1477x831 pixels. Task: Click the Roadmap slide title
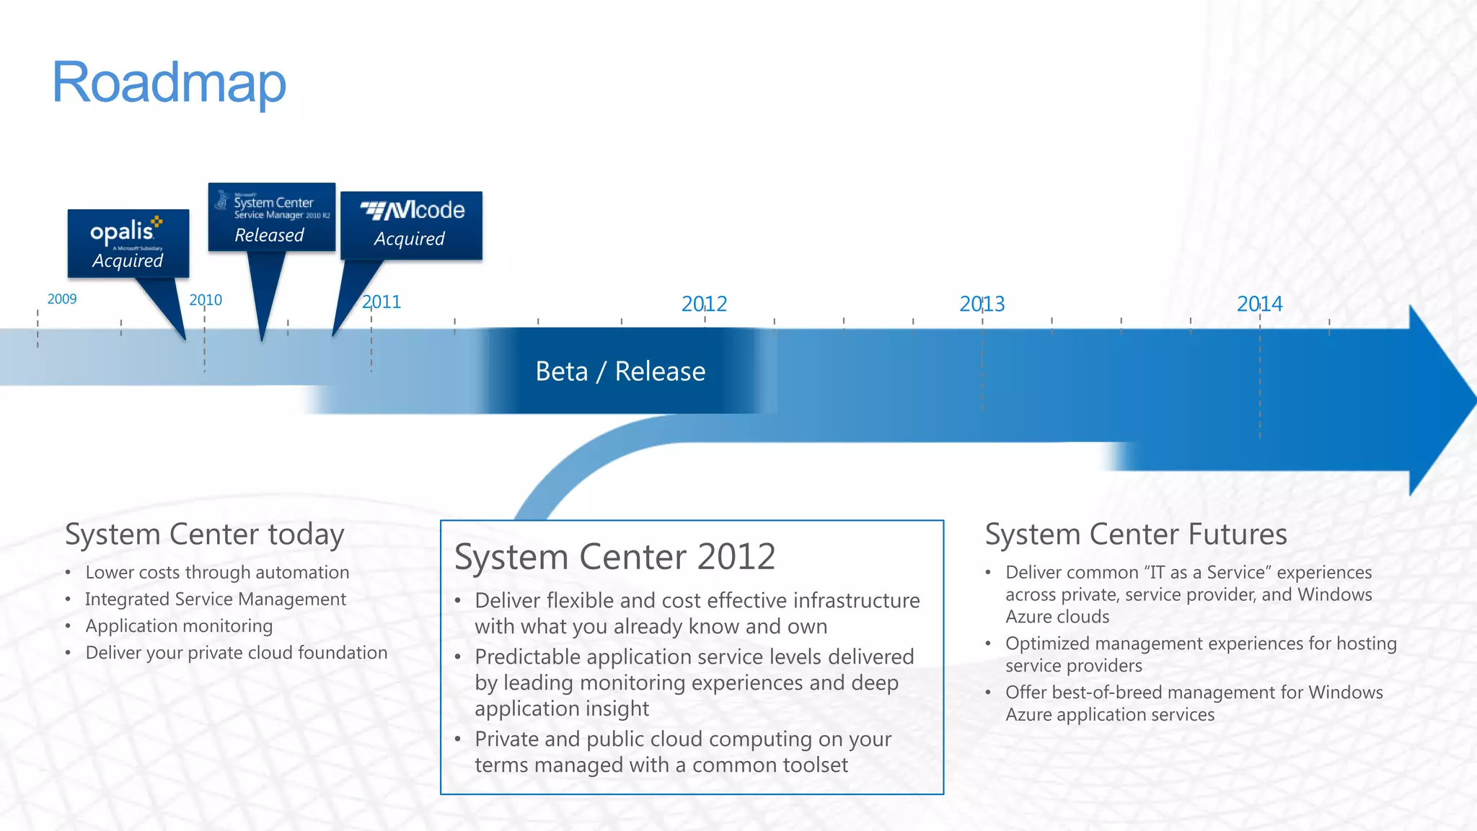[x=169, y=83]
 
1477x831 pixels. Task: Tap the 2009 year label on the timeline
[x=62, y=299]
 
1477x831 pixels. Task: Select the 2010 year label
[x=206, y=299]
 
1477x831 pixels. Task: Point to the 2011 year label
[x=382, y=302]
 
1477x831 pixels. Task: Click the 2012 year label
[x=704, y=304]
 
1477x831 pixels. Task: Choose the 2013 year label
[x=982, y=304]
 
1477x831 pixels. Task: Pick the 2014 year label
[x=1259, y=304]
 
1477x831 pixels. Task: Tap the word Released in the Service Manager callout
[x=269, y=235]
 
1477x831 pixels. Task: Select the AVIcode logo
[x=413, y=210]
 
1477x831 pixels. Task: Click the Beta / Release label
[x=620, y=371]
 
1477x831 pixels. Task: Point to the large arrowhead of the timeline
[x=1439, y=400]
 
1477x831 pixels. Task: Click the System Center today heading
[x=205, y=535]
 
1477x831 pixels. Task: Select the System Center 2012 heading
[x=614, y=557]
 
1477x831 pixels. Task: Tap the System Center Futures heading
[x=1136, y=535]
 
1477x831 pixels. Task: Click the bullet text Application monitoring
[x=179, y=626]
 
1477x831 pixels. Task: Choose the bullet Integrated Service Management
[x=216, y=599]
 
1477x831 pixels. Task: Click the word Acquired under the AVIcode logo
[x=409, y=239]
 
